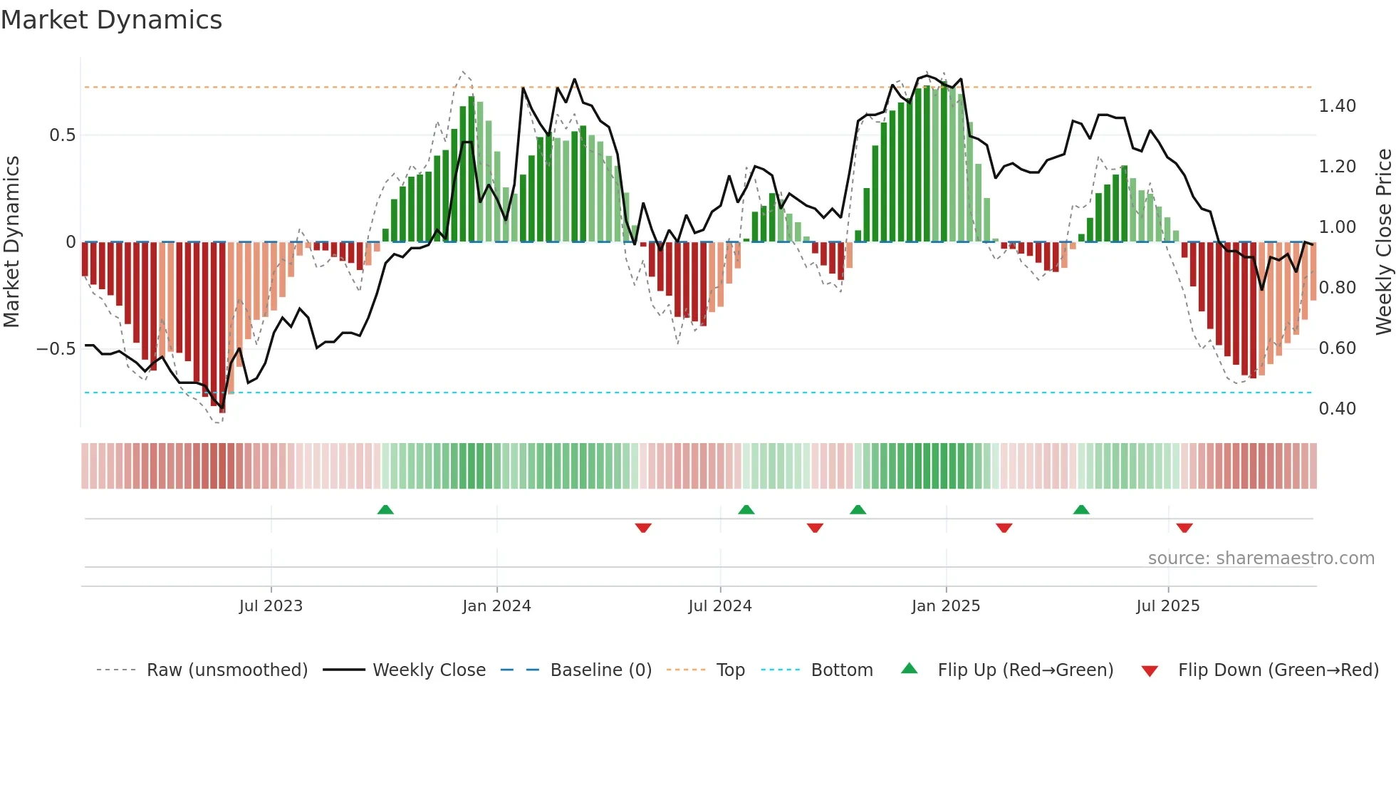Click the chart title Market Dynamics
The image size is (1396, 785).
(x=111, y=20)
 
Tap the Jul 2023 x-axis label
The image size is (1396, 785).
(x=271, y=606)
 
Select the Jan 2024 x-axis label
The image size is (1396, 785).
(x=496, y=606)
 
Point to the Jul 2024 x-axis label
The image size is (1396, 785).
(x=720, y=606)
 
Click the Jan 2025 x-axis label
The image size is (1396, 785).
(x=946, y=606)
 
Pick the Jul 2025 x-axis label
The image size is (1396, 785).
(x=1168, y=606)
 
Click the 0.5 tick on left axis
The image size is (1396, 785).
(x=63, y=135)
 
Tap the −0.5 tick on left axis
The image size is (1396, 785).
(x=56, y=349)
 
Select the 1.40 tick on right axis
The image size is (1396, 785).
(x=1337, y=106)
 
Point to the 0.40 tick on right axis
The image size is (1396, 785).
(x=1337, y=409)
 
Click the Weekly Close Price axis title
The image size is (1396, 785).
(x=1383, y=241)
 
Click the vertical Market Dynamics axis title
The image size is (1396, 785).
(x=11, y=241)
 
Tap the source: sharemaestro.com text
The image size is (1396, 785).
(x=1261, y=558)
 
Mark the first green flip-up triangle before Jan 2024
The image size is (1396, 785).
(x=385, y=509)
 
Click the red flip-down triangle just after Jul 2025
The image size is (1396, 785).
(x=1184, y=528)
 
